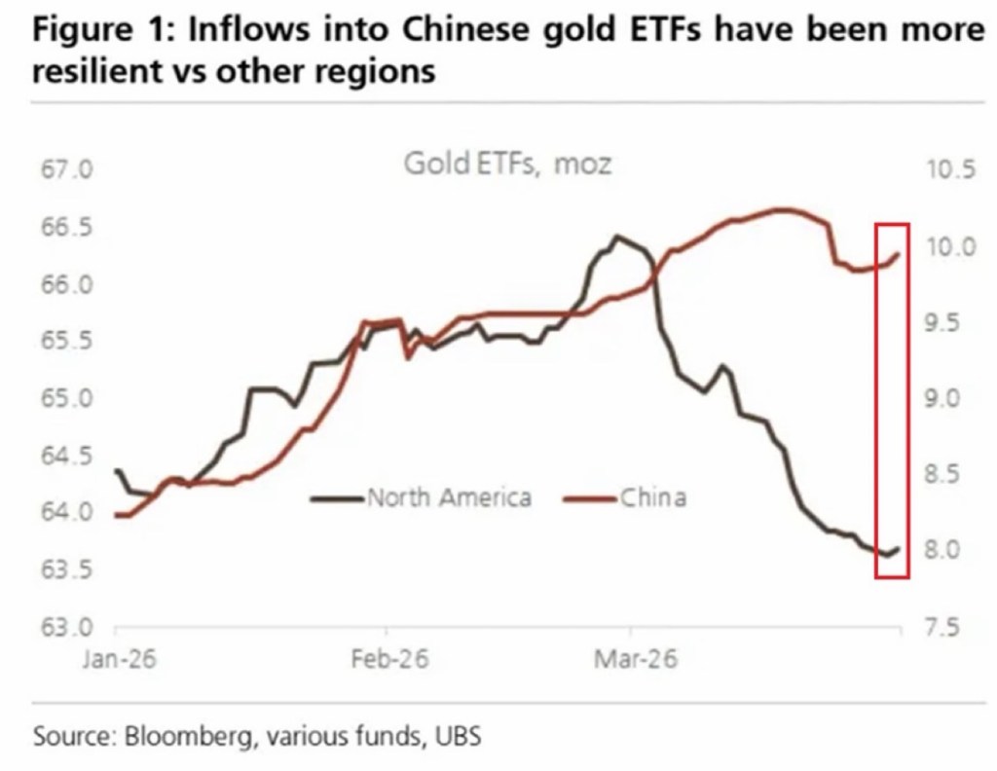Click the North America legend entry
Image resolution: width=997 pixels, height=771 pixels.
(x=448, y=498)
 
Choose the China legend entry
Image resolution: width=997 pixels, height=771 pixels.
(x=652, y=498)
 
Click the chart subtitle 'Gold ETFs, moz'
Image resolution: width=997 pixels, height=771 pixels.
(x=508, y=163)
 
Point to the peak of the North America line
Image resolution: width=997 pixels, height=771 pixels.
(x=615, y=236)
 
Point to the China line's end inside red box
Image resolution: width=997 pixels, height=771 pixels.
(x=898, y=253)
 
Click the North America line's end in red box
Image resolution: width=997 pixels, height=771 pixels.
(x=898, y=549)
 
